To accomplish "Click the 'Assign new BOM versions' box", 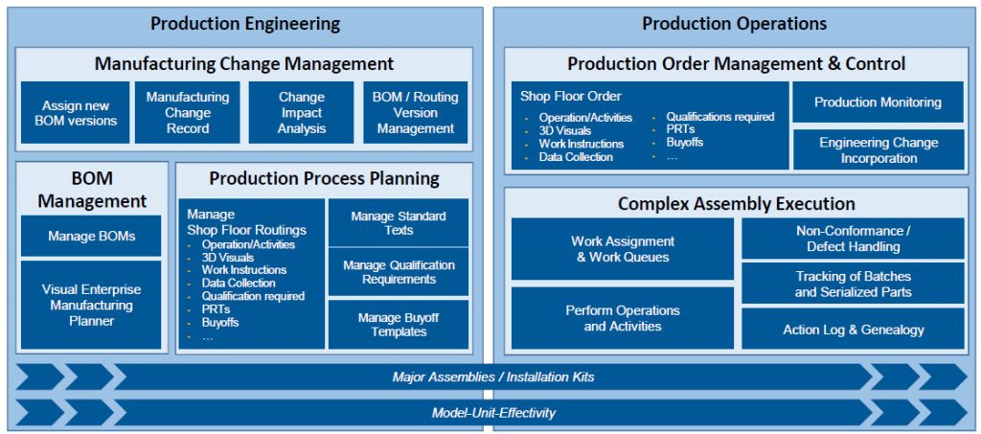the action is coord(75,112).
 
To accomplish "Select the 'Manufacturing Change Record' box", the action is coord(188,112).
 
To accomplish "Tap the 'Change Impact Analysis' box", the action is coord(302,112).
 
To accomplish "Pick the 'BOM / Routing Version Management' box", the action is coord(416,112).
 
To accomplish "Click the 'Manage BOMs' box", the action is coord(91,236).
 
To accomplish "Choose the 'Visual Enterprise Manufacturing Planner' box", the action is coord(91,306).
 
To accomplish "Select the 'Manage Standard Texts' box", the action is coord(399,222).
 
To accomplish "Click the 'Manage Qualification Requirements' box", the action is coord(399,272).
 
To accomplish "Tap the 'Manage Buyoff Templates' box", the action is coord(399,325).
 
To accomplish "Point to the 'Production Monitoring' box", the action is coord(878,102).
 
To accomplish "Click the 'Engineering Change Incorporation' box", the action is coord(878,149).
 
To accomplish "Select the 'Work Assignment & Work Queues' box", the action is coord(623,249).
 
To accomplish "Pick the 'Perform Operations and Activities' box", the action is coord(623,318).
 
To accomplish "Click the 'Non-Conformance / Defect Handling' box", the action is coord(853,239).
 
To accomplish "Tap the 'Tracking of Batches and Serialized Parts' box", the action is coord(853,284).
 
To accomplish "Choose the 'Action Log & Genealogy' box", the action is coord(853,329).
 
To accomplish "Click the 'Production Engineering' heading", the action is coord(245,24).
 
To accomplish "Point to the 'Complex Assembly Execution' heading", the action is coord(737,203).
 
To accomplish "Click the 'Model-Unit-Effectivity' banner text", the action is coord(493,413).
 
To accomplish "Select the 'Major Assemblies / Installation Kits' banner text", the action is coord(493,377).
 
